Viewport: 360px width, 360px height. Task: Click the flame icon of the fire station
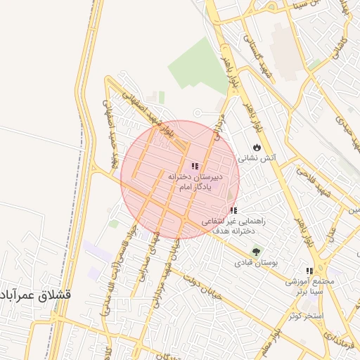point(257,148)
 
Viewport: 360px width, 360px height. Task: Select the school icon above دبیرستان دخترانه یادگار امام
point(194,167)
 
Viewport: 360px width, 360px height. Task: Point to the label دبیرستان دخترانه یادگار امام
point(195,184)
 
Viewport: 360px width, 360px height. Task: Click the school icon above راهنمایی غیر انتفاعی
point(233,210)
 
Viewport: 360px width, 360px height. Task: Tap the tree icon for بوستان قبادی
point(256,251)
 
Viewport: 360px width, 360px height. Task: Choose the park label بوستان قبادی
point(256,262)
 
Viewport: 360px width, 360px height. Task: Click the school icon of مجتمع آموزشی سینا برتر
point(309,271)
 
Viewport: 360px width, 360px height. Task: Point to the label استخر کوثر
point(305,315)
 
